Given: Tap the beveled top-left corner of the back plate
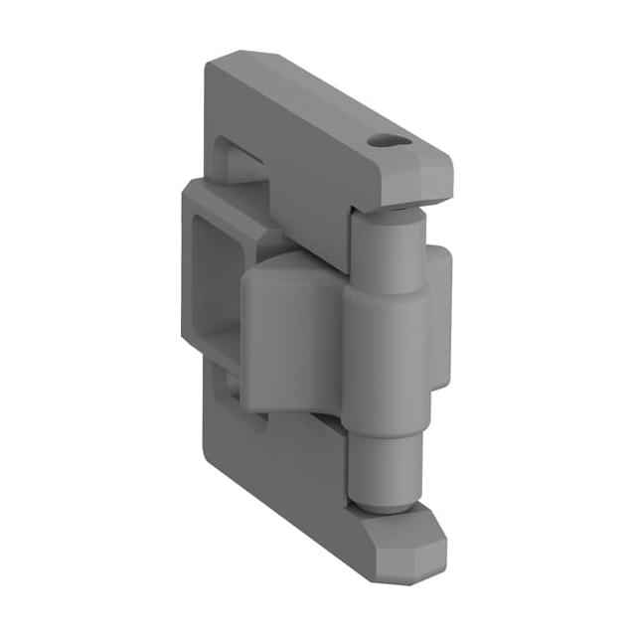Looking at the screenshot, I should (225, 62).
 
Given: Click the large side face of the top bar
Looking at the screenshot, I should (298, 149).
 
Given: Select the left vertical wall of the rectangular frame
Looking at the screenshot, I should (191, 268).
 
